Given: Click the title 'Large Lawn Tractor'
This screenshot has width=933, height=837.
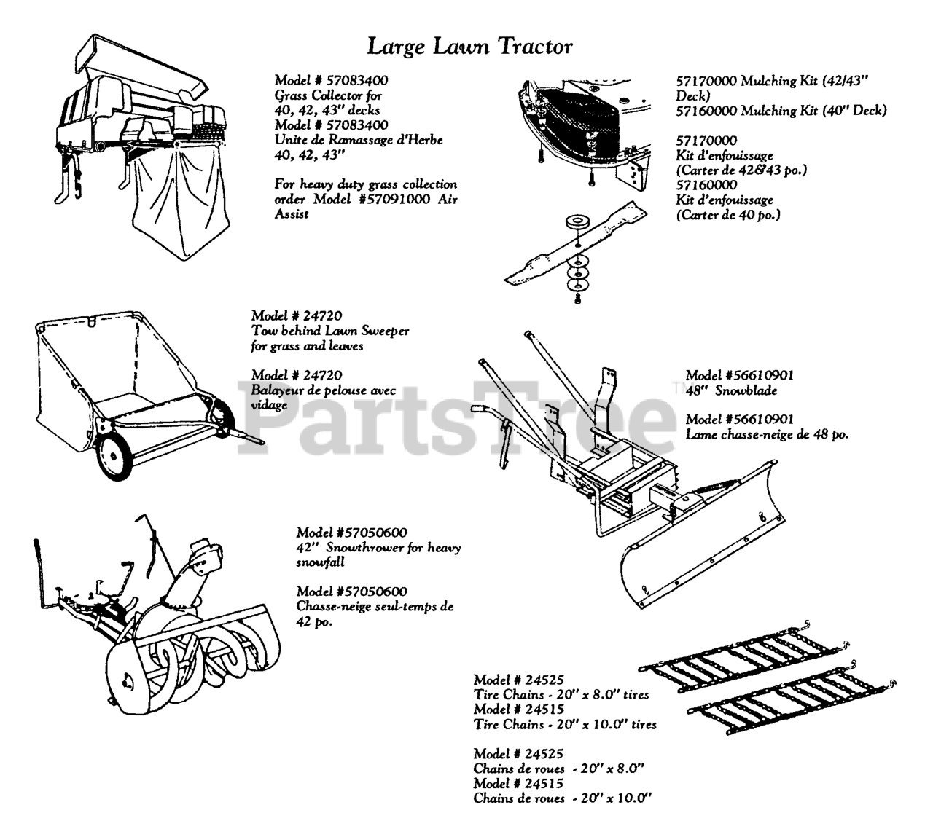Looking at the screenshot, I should click(x=470, y=47).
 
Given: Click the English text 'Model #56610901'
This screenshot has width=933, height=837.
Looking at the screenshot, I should click(x=739, y=376).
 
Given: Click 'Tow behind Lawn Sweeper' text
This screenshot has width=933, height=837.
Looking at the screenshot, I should click(x=329, y=331).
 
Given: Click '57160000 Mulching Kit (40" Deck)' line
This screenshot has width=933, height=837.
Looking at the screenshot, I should click(x=781, y=111).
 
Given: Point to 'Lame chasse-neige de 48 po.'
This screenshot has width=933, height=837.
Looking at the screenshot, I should click(x=766, y=434).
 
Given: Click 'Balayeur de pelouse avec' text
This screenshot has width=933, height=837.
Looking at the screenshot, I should click(x=324, y=390).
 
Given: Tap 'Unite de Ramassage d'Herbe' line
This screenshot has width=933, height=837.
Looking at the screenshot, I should click(x=358, y=140).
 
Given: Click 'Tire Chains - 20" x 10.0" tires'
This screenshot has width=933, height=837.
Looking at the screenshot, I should click(x=565, y=725).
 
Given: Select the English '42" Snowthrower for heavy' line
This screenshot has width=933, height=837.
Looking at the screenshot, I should click(x=378, y=548).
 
